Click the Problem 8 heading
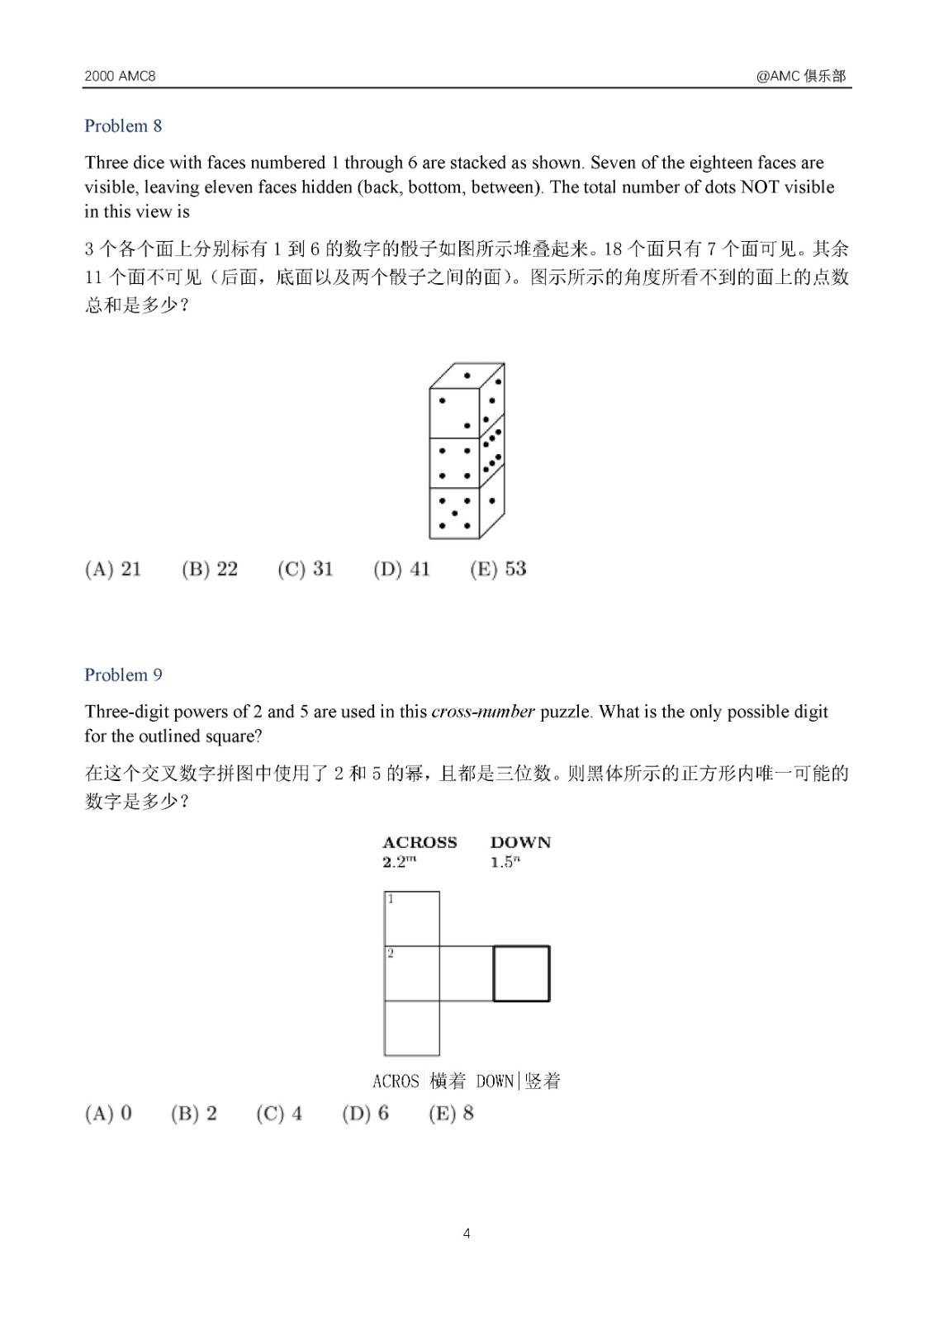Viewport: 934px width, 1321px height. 123,126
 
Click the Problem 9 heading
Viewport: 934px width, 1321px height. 123,675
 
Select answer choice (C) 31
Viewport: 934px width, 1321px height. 305,569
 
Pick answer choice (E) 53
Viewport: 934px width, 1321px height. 497,569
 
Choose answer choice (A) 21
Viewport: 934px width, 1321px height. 113,569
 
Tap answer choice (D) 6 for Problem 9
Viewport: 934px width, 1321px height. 365,1114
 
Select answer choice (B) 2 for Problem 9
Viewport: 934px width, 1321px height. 194,1114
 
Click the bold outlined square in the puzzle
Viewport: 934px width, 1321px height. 521,973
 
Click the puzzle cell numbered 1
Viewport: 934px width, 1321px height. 412,919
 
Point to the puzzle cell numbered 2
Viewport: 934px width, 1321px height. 412,973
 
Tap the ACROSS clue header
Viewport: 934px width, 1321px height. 420,843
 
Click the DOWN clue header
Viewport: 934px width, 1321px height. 520,843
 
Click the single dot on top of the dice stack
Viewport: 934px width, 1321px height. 467,376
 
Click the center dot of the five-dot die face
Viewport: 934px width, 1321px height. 454,514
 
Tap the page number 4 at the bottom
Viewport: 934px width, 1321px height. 467,1233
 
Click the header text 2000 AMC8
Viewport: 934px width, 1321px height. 120,76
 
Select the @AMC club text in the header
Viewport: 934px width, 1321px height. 801,76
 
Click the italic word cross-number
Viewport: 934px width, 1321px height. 483,712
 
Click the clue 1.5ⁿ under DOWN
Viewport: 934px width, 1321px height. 505,862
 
